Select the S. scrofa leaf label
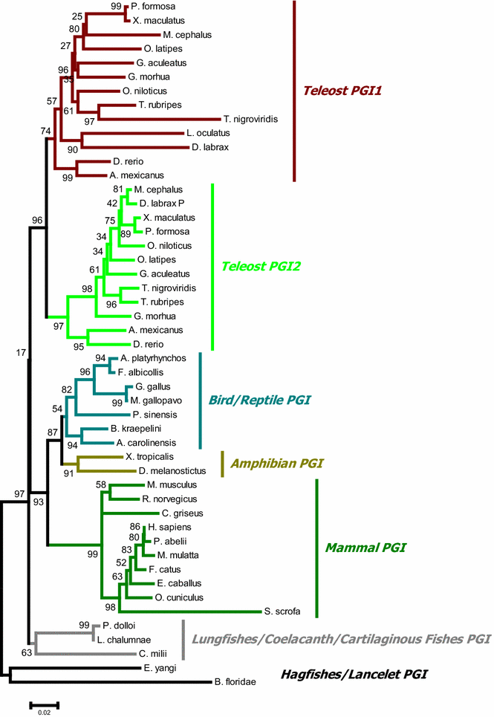[282, 612]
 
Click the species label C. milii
[152, 654]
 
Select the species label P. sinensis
[152, 415]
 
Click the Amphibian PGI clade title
[281, 464]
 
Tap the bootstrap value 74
[46, 131]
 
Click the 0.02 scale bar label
[43, 711]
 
